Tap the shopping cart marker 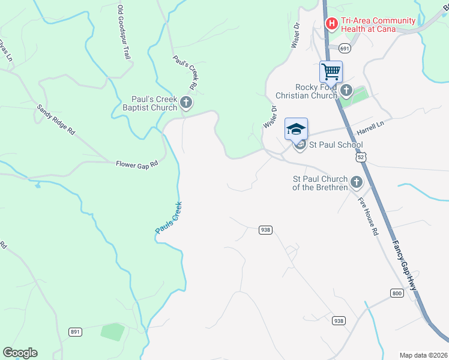pyautogui.click(x=331, y=72)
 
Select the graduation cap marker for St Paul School pyautogui.click(x=295, y=129)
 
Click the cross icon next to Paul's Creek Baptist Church pyautogui.click(x=186, y=103)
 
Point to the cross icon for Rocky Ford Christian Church pyautogui.click(x=346, y=91)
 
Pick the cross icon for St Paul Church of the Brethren pyautogui.click(x=357, y=182)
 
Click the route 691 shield pyautogui.click(x=344, y=48)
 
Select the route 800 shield pyautogui.click(x=396, y=293)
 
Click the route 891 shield pyautogui.click(x=75, y=331)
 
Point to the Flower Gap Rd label pyautogui.click(x=137, y=163)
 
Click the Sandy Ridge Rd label pyautogui.click(x=55, y=119)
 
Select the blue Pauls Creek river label pyautogui.click(x=169, y=218)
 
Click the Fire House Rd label pyautogui.click(x=368, y=215)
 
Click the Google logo pyautogui.click(x=20, y=353)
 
